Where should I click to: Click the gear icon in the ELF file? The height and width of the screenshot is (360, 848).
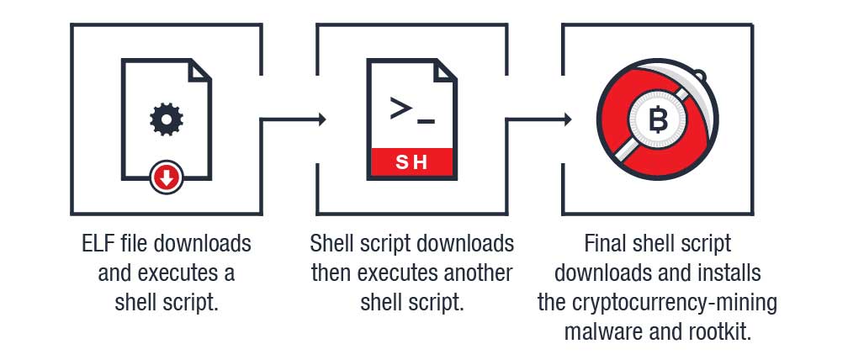click(167, 119)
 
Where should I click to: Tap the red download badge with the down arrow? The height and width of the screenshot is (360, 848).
click(167, 177)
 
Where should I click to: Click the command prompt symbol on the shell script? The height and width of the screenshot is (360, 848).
click(411, 111)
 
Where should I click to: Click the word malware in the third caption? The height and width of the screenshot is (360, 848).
click(601, 331)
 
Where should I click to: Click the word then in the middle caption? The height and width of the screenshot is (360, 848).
click(331, 273)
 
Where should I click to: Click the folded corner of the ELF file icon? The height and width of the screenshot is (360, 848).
click(199, 70)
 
